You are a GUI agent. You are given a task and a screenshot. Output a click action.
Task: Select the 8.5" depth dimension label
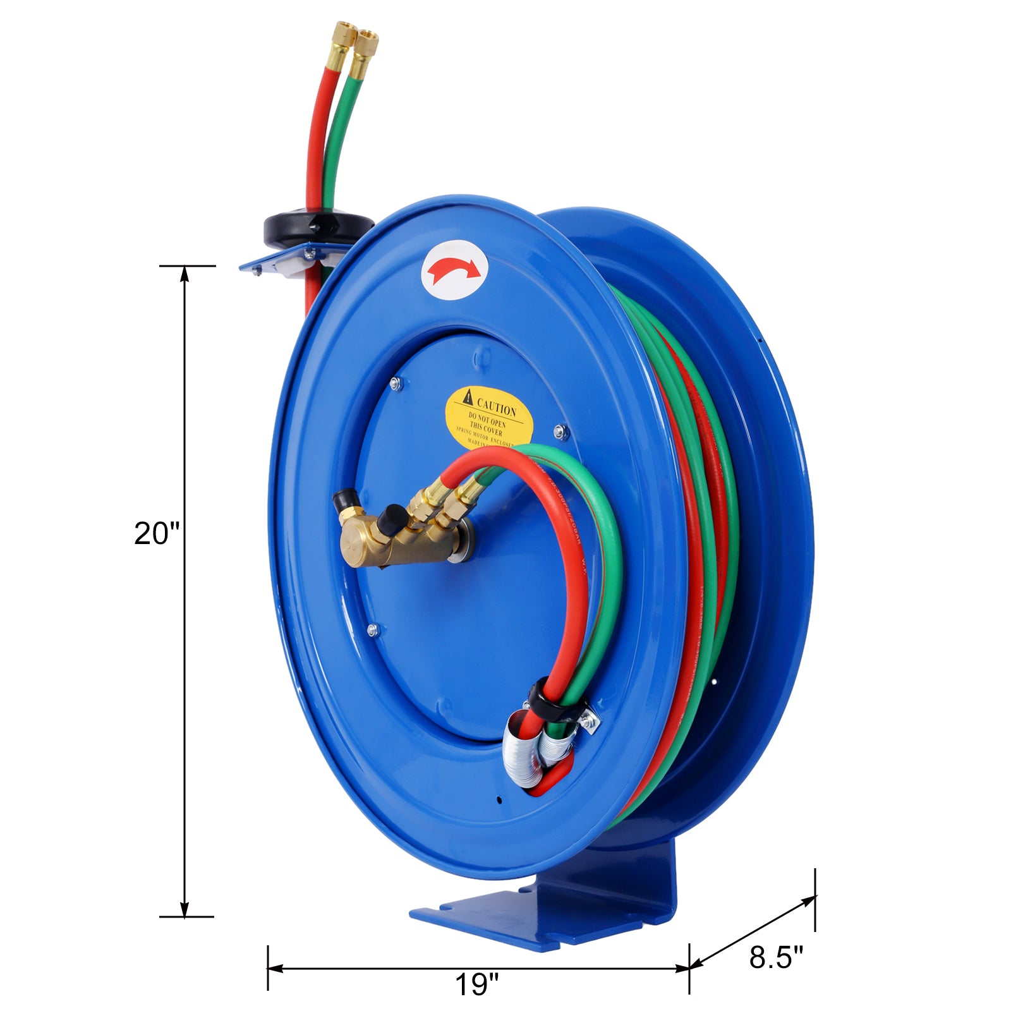tap(776, 957)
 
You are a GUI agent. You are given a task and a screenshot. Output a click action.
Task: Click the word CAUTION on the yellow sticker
tap(496, 404)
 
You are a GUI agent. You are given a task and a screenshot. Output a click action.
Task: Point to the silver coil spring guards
tap(537, 752)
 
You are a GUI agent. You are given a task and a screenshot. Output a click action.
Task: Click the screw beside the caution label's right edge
tap(559, 432)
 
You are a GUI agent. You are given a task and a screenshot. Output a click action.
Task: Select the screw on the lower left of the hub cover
tap(372, 629)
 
